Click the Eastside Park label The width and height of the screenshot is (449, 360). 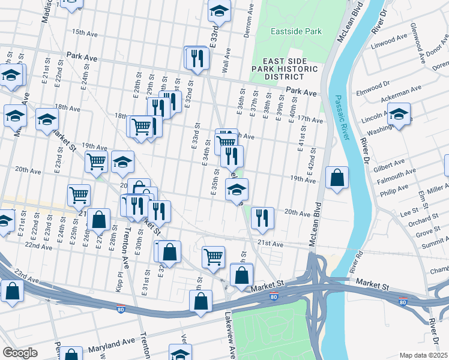tap(296, 31)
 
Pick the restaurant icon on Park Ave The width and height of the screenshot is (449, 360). tap(197, 58)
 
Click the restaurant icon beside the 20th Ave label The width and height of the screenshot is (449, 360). tap(262, 218)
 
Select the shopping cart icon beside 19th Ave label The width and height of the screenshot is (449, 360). tap(96, 162)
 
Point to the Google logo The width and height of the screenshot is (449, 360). tap(20, 353)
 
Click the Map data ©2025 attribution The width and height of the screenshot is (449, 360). tap(423, 355)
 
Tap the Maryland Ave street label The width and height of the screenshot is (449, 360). tap(113, 342)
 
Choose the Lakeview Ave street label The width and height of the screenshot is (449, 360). tap(229, 333)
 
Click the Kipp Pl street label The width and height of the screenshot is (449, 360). tap(118, 281)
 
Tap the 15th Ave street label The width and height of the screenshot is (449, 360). tap(85, 32)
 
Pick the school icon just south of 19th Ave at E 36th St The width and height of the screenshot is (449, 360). tap(237, 191)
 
